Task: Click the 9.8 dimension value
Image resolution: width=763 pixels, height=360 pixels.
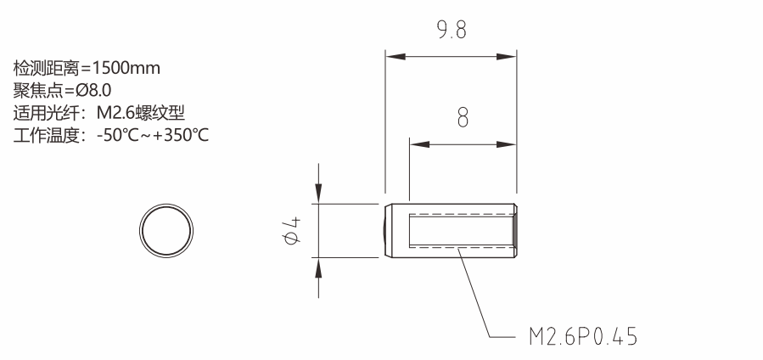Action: click(452, 31)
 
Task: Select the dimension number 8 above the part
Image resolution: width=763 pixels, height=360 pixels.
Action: click(463, 118)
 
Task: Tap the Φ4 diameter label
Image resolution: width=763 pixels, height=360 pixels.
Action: click(291, 231)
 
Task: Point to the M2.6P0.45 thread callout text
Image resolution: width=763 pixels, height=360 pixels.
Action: click(583, 336)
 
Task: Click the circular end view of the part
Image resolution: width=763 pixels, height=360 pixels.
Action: click(166, 205)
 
